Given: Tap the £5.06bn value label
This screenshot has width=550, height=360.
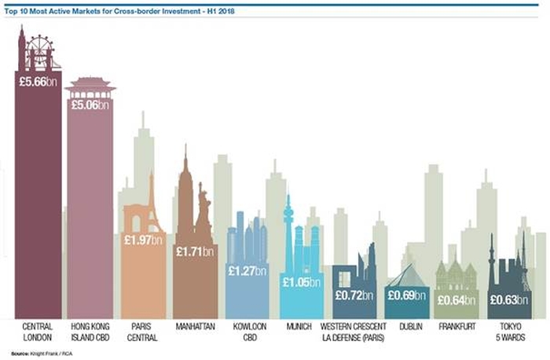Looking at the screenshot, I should point(90,105).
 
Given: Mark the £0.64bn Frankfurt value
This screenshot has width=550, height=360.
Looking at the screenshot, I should point(456,299).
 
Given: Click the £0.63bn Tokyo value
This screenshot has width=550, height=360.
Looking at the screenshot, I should point(509,299).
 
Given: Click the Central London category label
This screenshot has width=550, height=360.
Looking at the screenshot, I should point(38,332).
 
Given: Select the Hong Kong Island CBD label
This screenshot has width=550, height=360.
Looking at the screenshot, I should point(90,332).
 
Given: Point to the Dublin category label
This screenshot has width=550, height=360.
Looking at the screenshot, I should point(407,326).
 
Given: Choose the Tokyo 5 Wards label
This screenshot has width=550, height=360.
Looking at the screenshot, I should point(509,332).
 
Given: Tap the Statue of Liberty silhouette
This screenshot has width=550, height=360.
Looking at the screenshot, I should point(203,212).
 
